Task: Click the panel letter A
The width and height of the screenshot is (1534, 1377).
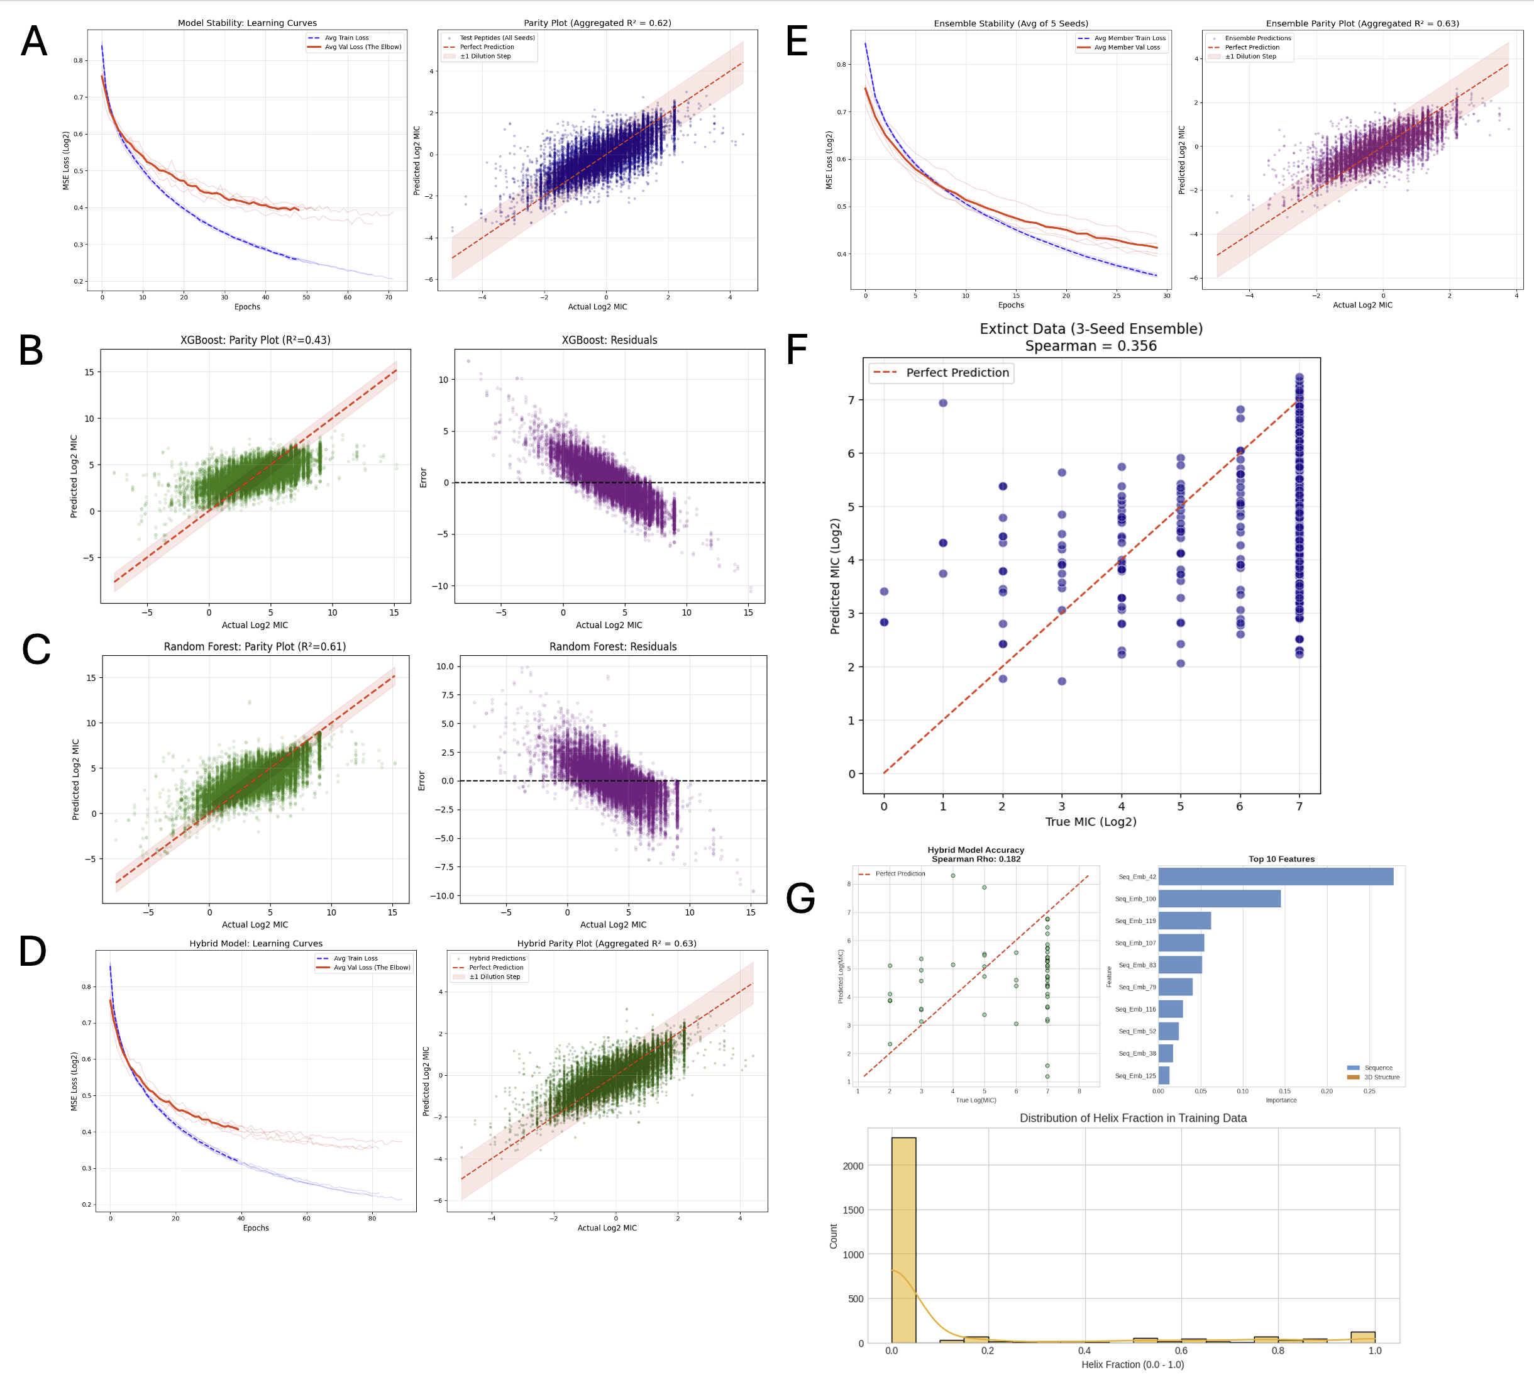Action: pos(34,41)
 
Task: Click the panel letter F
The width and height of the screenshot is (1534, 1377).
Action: pos(797,350)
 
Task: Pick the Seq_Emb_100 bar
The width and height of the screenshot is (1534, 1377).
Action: pos(1219,899)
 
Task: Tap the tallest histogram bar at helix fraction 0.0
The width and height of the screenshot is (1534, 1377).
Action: pos(903,1241)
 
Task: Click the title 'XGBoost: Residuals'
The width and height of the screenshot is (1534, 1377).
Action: pos(609,340)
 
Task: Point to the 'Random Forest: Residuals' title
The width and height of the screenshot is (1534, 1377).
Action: pos(613,647)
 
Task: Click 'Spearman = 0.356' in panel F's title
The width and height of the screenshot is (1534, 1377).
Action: pos(1091,346)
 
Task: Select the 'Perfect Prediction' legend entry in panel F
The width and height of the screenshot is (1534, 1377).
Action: pos(957,373)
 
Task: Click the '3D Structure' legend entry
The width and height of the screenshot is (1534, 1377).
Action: pos(1381,1077)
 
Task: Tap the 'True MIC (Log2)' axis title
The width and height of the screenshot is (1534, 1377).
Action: pos(1091,822)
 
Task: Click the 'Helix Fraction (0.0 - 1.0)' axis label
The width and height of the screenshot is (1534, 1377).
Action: pos(1132,1364)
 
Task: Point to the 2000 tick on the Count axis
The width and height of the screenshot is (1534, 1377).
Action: pos(853,1166)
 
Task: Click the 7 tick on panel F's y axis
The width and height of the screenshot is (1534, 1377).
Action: pos(851,401)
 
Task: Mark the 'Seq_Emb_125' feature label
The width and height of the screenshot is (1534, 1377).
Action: pos(1135,1076)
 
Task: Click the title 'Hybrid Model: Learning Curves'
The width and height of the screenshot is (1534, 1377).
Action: pos(256,944)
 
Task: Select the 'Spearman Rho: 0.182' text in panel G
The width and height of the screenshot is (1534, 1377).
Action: pos(976,860)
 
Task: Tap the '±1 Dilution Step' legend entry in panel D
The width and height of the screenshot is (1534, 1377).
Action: pos(494,976)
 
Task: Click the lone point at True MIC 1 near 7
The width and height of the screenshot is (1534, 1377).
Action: pos(942,403)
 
